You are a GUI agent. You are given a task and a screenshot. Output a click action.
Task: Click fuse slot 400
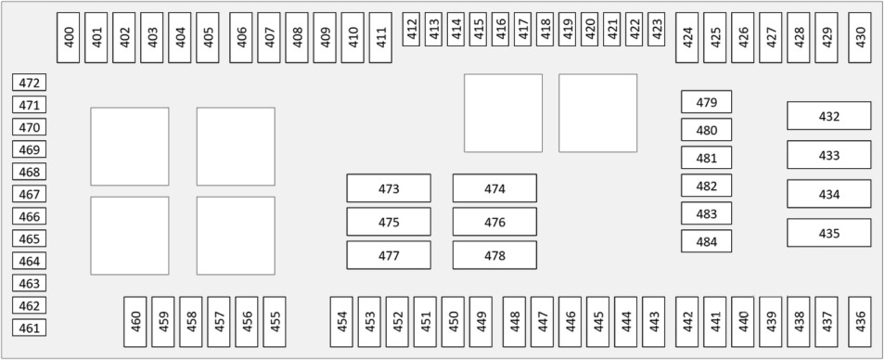pyautogui.click(x=69, y=38)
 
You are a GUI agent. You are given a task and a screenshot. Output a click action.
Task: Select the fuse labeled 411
pyautogui.click(x=380, y=38)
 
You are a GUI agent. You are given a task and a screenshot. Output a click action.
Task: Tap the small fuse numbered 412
pyautogui.click(x=412, y=30)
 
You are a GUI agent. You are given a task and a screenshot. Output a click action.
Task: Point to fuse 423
pyautogui.click(x=657, y=30)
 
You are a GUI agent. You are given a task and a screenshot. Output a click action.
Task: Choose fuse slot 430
pyautogui.click(x=860, y=38)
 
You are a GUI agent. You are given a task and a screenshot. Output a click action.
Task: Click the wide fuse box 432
pyautogui.click(x=829, y=116)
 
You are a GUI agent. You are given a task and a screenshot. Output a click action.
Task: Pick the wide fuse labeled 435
pyautogui.click(x=829, y=233)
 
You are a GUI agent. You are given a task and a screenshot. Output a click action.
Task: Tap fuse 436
pyautogui.click(x=860, y=322)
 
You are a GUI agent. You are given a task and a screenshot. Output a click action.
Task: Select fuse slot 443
pyautogui.click(x=654, y=322)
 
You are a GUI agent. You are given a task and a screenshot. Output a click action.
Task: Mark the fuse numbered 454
pyautogui.click(x=341, y=322)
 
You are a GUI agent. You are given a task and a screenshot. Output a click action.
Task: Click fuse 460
pyautogui.click(x=135, y=322)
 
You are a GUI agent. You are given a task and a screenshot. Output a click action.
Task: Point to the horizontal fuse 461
pyautogui.click(x=30, y=328)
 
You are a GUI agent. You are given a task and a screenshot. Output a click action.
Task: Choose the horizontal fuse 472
pyautogui.click(x=30, y=83)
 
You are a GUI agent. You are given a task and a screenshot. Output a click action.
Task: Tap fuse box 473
pyautogui.click(x=389, y=188)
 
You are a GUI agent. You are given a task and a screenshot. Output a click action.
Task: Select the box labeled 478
pyautogui.click(x=494, y=255)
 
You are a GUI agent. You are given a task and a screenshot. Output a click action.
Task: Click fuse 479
pyautogui.click(x=707, y=101)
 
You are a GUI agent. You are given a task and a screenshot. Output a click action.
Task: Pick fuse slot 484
pyautogui.click(x=707, y=241)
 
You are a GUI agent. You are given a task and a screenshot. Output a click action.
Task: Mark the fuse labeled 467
pyautogui.click(x=30, y=194)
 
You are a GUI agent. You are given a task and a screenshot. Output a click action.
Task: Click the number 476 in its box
pyautogui.click(x=494, y=222)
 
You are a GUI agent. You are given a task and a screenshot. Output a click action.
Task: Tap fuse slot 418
pyautogui.click(x=545, y=30)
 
